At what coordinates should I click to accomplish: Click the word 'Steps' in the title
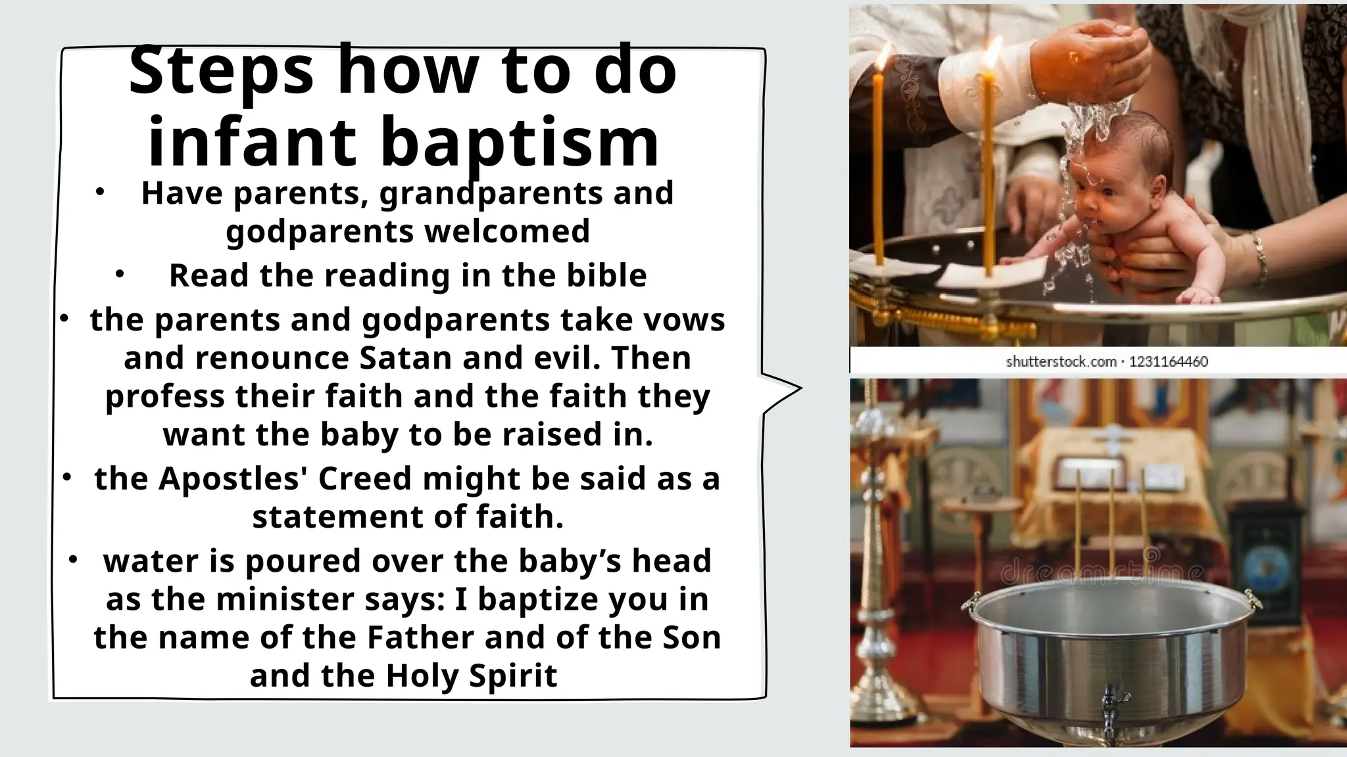point(221,71)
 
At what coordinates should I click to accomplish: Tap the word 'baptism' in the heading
point(520,142)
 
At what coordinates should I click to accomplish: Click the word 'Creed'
point(364,478)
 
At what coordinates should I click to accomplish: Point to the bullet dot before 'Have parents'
point(99,193)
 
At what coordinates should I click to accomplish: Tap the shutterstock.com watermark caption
point(1061,361)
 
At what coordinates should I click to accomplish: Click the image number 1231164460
point(1169,361)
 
